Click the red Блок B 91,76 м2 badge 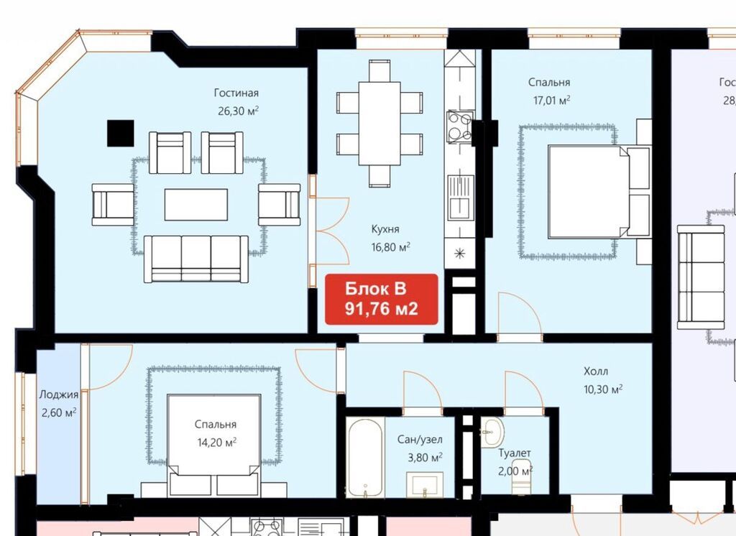tap(382, 299)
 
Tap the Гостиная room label tap(236, 93)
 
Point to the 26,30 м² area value tap(239, 111)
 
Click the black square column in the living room tap(121, 134)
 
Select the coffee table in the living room tap(196, 205)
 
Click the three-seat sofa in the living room tap(196, 259)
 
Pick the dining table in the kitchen tap(379, 124)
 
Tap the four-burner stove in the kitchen tap(459, 126)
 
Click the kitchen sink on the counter tap(461, 197)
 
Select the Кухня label tap(385, 229)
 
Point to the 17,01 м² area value tap(551, 100)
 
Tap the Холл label tap(596, 371)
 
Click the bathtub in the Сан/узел tap(365, 457)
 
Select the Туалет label tap(515, 453)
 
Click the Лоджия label tap(59, 394)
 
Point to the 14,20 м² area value tap(216, 442)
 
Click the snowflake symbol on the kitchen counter tap(460, 254)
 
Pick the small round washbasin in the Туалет tap(492, 430)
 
